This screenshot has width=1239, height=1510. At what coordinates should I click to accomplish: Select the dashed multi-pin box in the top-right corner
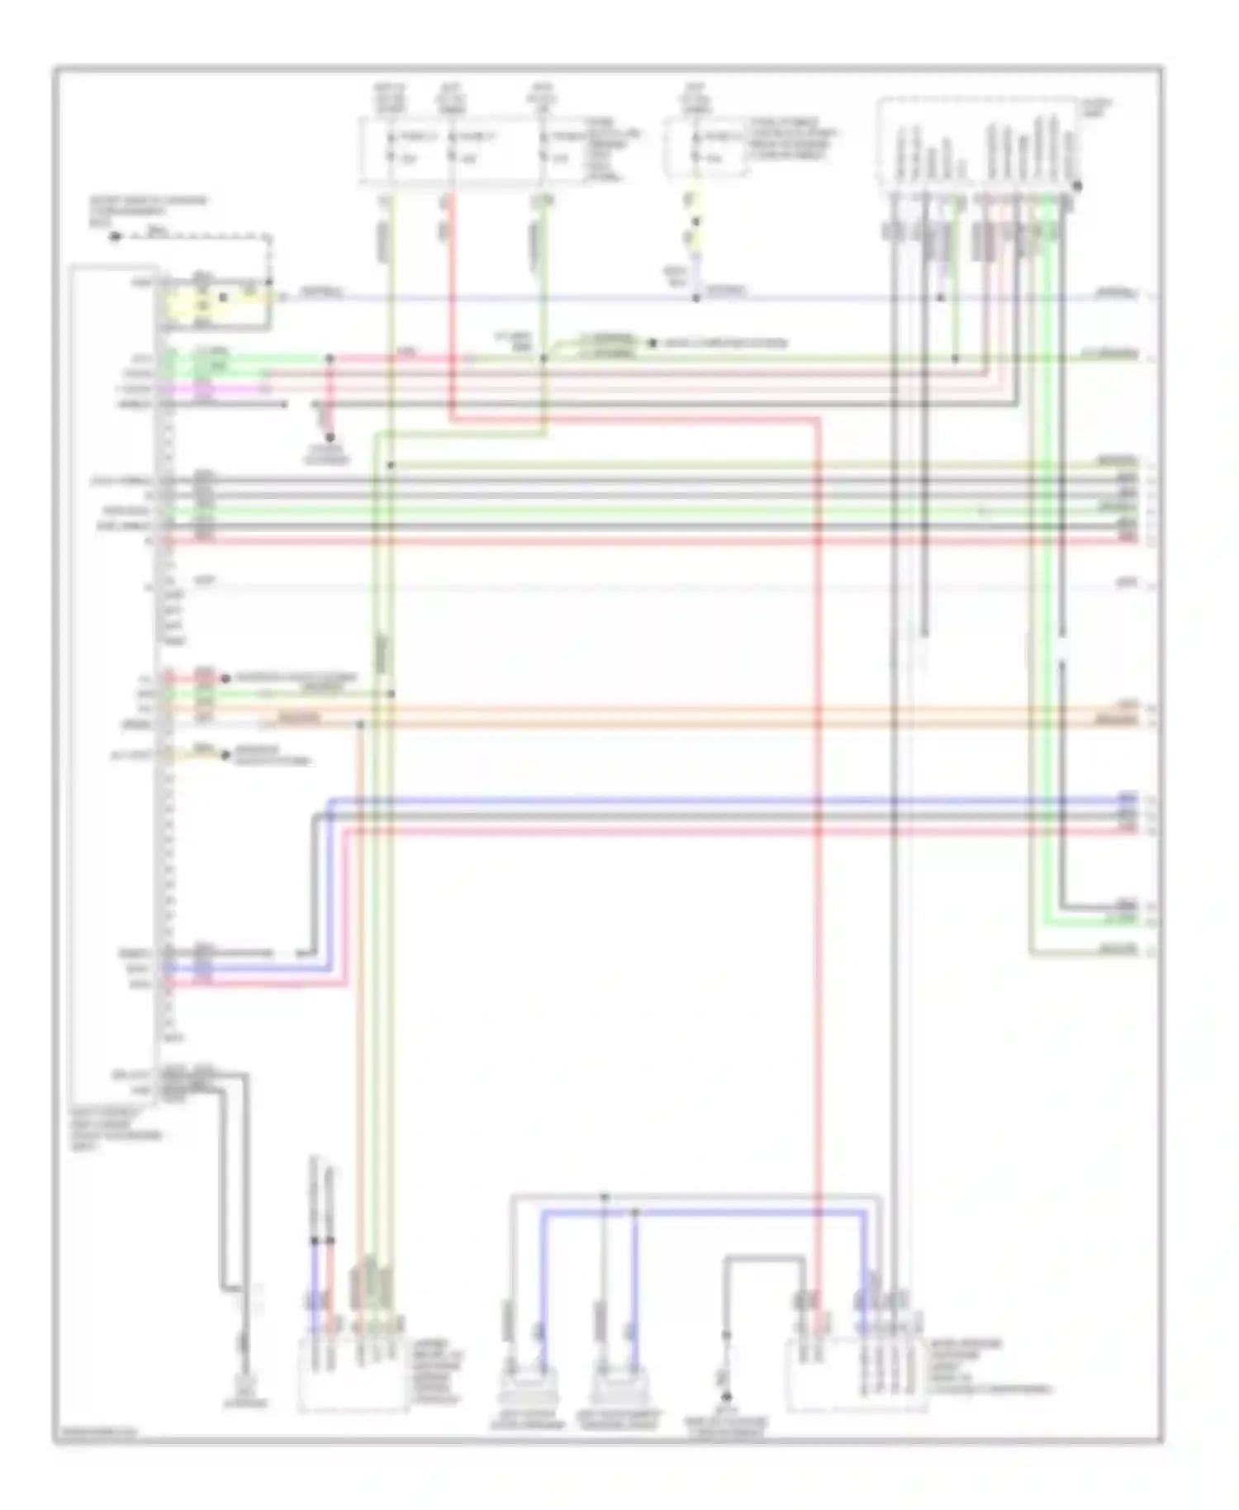(x=977, y=142)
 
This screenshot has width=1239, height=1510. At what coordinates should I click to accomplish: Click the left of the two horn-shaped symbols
(x=527, y=1396)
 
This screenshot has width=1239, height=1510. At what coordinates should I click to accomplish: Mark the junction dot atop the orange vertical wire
(x=360, y=724)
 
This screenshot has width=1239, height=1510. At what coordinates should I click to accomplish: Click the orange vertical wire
(x=360, y=991)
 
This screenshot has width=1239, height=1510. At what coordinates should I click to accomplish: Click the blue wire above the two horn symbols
(x=702, y=1212)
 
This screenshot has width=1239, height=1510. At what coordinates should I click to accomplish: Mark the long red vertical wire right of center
(x=818, y=826)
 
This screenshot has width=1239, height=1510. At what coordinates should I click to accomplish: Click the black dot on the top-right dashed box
(x=1077, y=187)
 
